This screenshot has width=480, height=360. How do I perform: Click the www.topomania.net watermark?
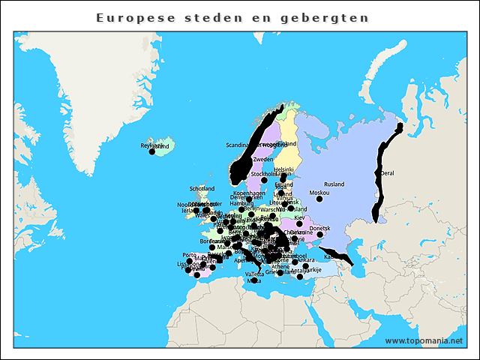tap(424, 340)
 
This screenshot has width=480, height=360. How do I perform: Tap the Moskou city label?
tap(319, 193)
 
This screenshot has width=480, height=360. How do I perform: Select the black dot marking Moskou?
tap(319, 199)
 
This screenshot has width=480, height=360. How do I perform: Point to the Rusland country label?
tap(334, 184)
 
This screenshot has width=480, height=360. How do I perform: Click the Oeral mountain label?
tap(388, 173)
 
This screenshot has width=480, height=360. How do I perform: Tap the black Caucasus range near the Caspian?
tap(341, 258)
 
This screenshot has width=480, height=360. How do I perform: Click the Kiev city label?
tap(299, 217)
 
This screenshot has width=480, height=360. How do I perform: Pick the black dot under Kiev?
tap(299, 223)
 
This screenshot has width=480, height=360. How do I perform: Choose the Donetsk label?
tap(319, 228)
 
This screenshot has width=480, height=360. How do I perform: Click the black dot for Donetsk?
tap(320, 235)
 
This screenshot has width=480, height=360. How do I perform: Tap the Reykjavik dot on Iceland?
tap(151, 152)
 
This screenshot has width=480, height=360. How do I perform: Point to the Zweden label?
tap(263, 160)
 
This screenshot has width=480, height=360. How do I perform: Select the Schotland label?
tap(202, 189)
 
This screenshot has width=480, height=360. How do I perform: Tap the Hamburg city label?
tap(242, 203)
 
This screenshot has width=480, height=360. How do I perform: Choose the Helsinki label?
tap(283, 170)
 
